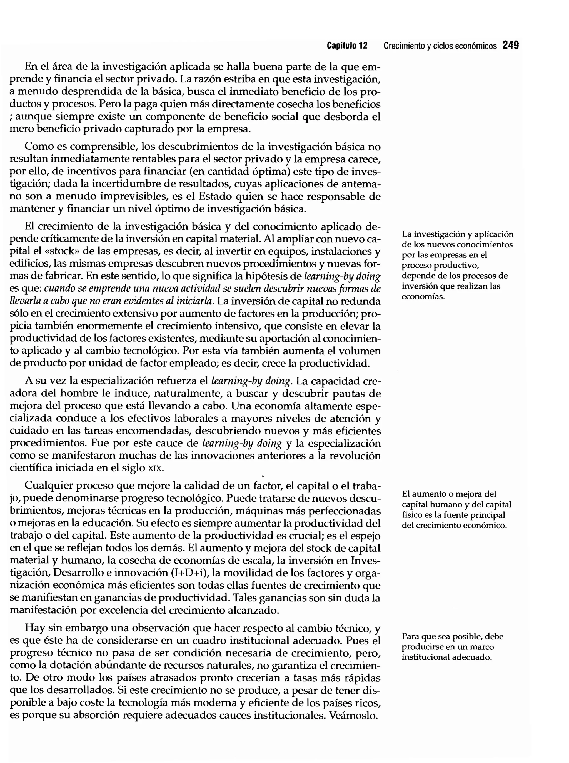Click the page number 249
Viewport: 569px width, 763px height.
click(x=510, y=46)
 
